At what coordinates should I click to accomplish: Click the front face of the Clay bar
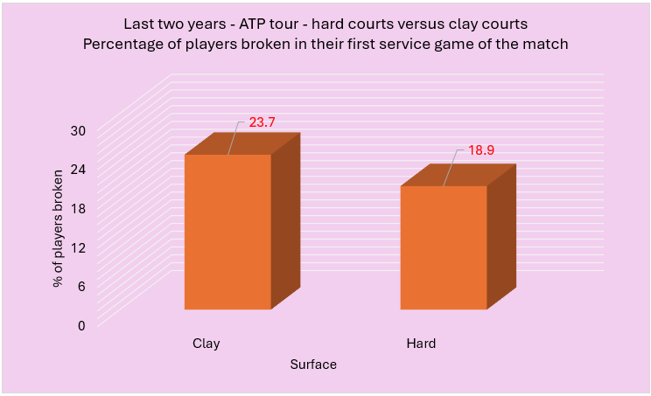(x=227, y=232)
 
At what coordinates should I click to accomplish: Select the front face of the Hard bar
(x=443, y=247)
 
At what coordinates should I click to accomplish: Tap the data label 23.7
(x=262, y=123)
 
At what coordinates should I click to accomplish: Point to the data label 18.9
(x=480, y=150)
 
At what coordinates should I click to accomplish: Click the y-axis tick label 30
(x=78, y=131)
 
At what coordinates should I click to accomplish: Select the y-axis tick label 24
(x=78, y=170)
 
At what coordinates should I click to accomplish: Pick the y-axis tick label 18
(x=78, y=208)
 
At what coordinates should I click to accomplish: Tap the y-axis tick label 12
(x=78, y=247)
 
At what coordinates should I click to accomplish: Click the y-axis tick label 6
(x=81, y=286)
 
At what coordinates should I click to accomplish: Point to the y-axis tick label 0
(x=81, y=325)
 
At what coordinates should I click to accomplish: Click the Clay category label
(x=206, y=344)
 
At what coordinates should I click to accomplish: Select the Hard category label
(x=421, y=344)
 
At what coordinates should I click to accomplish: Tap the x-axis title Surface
(x=313, y=365)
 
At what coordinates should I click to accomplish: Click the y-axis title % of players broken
(x=58, y=229)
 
